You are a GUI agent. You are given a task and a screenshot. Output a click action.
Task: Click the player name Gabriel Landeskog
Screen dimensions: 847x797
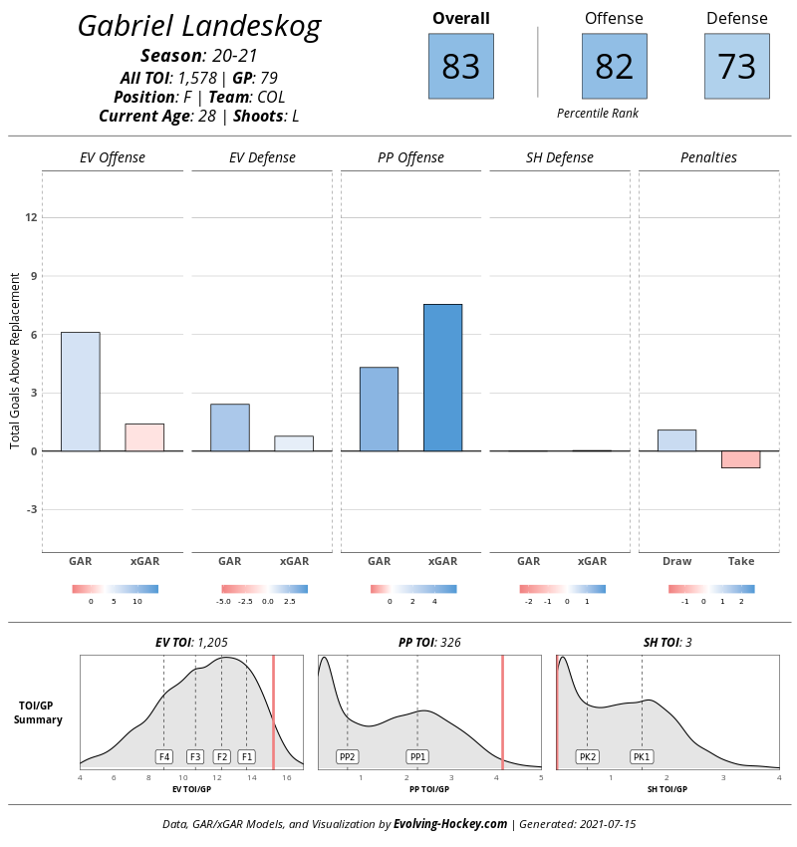click(199, 27)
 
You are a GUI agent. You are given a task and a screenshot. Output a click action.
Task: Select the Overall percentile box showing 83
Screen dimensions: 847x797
click(460, 66)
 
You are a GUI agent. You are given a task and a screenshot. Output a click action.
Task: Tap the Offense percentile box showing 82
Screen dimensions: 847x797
click(614, 66)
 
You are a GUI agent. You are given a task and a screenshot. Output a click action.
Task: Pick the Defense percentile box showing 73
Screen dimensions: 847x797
click(736, 66)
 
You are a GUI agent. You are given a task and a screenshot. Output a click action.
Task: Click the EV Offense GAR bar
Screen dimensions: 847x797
click(80, 392)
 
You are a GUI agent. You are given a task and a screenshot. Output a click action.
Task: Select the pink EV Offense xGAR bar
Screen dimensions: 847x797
click(144, 437)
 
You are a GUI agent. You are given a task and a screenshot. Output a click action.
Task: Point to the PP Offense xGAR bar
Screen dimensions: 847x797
click(442, 378)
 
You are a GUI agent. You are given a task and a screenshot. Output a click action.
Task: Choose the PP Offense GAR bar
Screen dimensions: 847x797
click(379, 409)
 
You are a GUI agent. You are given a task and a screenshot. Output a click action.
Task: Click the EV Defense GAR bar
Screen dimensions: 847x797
click(229, 427)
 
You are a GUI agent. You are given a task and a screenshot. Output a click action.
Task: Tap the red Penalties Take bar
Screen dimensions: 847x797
click(741, 459)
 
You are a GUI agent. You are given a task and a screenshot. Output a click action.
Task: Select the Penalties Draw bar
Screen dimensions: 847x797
click(677, 440)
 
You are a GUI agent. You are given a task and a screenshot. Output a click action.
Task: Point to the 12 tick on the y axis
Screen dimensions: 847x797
click(32, 217)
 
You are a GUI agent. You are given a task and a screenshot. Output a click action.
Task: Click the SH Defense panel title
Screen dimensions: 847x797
click(560, 157)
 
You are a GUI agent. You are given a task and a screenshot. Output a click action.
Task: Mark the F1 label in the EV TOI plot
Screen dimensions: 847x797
click(246, 756)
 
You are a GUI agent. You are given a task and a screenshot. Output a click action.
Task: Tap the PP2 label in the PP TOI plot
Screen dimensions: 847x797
click(347, 756)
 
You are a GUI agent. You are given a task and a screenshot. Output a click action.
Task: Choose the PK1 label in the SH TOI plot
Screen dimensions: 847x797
click(642, 756)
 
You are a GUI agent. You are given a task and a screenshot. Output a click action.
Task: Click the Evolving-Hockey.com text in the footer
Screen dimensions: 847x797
click(450, 824)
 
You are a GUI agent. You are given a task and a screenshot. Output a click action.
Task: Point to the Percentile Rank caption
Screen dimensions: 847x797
click(598, 114)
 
